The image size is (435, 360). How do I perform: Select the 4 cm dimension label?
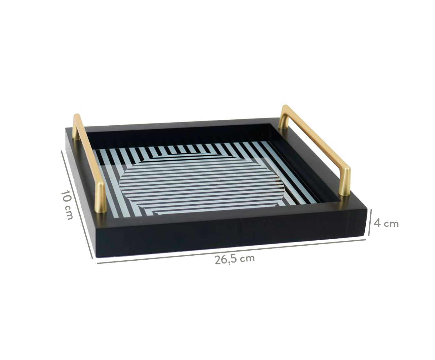point(386,224)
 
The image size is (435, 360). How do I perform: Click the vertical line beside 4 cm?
point(370,222)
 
